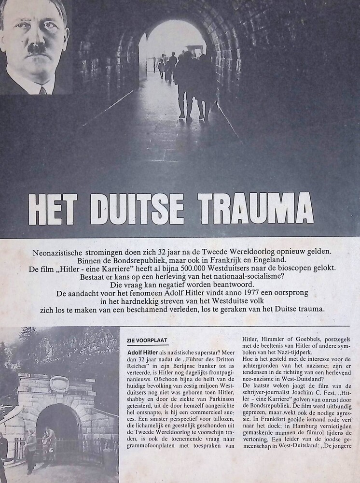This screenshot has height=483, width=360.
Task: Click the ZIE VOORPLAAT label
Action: [x=147, y=340]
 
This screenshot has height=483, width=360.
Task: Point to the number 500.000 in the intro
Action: [x=196, y=274]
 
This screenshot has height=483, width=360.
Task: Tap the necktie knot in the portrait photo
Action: [x=42, y=90]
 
